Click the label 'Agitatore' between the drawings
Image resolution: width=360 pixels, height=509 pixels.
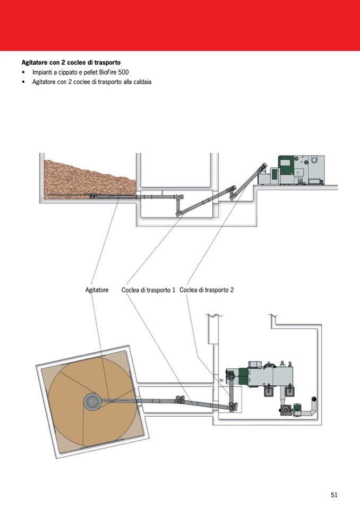[97, 290]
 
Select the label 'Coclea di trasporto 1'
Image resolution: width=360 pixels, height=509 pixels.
[148, 290]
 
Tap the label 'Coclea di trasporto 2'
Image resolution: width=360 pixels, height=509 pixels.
[207, 290]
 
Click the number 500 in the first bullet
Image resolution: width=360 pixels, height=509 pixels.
[124, 72]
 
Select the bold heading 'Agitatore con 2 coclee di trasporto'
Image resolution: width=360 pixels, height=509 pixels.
[71, 63]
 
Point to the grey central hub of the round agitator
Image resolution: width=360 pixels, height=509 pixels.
[93, 402]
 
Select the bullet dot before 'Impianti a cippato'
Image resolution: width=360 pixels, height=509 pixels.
[23, 72]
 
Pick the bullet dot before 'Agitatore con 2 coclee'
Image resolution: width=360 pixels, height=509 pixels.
[23, 82]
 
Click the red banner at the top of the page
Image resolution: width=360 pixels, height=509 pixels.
[180, 25]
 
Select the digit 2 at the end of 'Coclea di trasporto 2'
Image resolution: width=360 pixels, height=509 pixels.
[232, 290]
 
